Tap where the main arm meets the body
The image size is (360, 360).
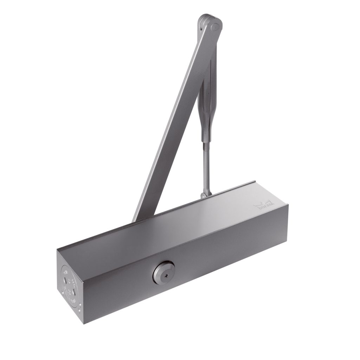pyautogui.click(x=141, y=216)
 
